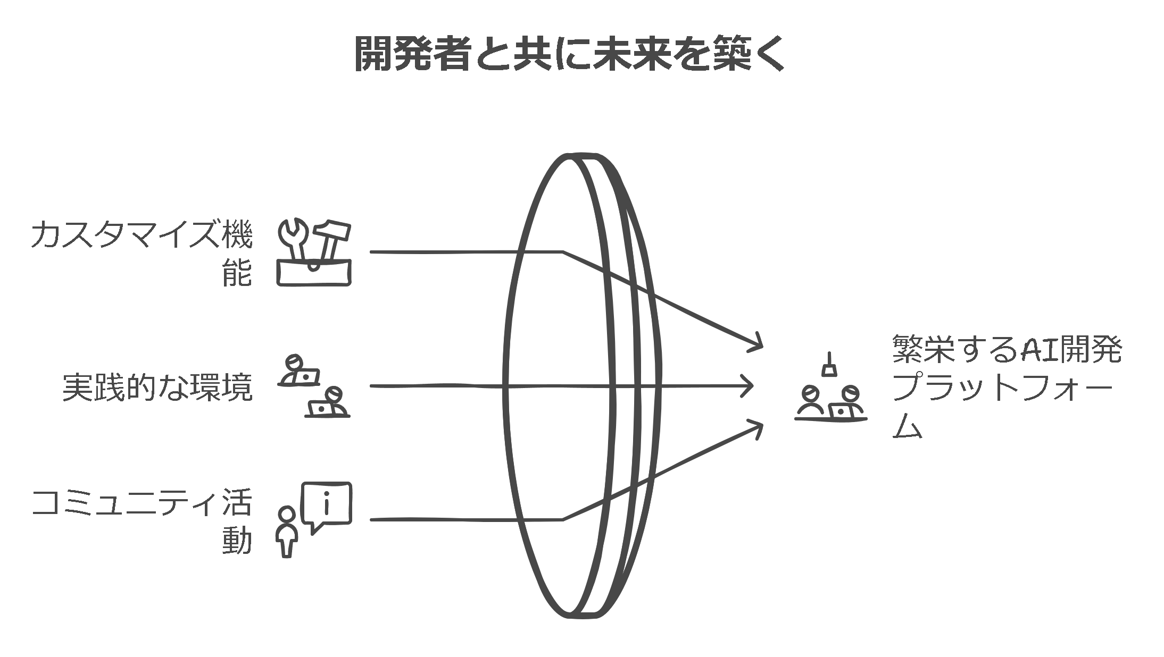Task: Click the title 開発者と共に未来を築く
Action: click(x=569, y=54)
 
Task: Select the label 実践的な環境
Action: click(x=157, y=388)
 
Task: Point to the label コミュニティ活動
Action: click(x=142, y=521)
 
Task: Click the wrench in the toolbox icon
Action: click(x=292, y=240)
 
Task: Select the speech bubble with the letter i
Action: click(x=327, y=504)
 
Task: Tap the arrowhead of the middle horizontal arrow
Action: click(x=750, y=386)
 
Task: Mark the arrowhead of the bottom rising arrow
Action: click(x=758, y=426)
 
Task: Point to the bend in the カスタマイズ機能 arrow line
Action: click(x=563, y=251)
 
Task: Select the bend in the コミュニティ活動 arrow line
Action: click(x=563, y=519)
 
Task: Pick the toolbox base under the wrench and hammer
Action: click(x=314, y=273)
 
